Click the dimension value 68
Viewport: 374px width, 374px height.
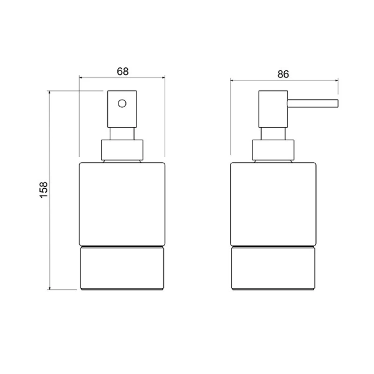pyautogui.click(x=122, y=71)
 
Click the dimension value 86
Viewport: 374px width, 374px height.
pyautogui.click(x=283, y=74)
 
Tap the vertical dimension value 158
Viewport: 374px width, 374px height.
pyautogui.click(x=43, y=190)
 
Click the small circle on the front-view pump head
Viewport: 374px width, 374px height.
pyautogui.click(x=122, y=103)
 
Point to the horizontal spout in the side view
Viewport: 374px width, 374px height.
pyautogui.click(x=312, y=103)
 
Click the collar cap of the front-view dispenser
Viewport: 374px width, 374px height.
pyautogui.click(x=122, y=150)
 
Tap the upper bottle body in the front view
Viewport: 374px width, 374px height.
pyautogui.click(x=122, y=203)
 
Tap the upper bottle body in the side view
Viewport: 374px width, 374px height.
pyautogui.click(x=272, y=203)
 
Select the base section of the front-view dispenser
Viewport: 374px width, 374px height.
pyautogui.click(x=122, y=268)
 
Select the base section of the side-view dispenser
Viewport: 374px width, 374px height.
pyautogui.click(x=272, y=268)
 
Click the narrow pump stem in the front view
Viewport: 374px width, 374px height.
pyautogui.click(x=122, y=135)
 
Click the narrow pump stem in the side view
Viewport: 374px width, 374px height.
pyautogui.click(x=272, y=135)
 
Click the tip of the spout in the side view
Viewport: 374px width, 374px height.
pyautogui.click(x=337, y=103)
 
